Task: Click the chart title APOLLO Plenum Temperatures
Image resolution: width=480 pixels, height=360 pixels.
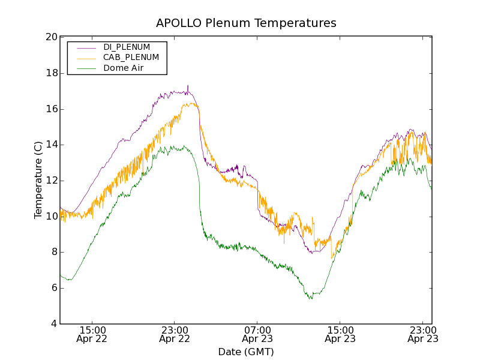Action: pyautogui.click(x=246, y=23)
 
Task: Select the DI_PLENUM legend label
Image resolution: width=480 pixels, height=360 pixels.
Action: pyautogui.click(x=127, y=47)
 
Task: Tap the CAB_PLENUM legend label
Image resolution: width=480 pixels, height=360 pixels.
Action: pyautogui.click(x=131, y=58)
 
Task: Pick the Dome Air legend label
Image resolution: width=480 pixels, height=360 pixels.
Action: pyautogui.click(x=124, y=68)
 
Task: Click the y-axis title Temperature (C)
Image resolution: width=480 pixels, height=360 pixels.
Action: pyautogui.click(x=38, y=180)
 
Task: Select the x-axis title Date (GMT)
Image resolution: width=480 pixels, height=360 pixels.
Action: pyautogui.click(x=246, y=352)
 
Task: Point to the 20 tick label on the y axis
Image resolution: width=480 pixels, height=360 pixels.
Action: pyautogui.click(x=51, y=37)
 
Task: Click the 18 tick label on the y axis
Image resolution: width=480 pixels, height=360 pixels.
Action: pyautogui.click(x=51, y=73)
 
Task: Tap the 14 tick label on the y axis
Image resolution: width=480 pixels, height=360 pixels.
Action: pyautogui.click(x=51, y=145)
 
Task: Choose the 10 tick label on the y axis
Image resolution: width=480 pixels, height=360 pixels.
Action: pyautogui.click(x=51, y=216)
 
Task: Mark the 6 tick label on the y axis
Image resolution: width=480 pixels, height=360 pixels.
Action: pyautogui.click(x=54, y=288)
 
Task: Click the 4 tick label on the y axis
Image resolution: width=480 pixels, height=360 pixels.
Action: pyautogui.click(x=54, y=324)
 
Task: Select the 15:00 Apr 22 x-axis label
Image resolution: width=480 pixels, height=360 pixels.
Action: pyautogui.click(x=92, y=334)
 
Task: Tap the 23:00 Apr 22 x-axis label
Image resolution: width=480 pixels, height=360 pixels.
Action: pyautogui.click(x=175, y=334)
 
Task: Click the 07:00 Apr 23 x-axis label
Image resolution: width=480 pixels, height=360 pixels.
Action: pyautogui.click(x=257, y=334)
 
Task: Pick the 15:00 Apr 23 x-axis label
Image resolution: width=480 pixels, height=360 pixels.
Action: pyautogui.click(x=340, y=334)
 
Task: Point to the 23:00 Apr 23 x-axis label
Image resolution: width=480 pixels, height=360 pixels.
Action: pyautogui.click(x=422, y=334)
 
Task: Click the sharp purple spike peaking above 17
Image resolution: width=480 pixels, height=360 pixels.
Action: pyautogui.click(x=188, y=88)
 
